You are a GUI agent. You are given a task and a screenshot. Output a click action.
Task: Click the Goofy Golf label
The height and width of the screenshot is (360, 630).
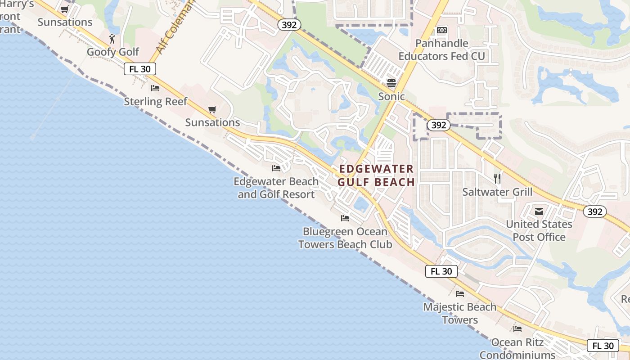(x=113, y=52)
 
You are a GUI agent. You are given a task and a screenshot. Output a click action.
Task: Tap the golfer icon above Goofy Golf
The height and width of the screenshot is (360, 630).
(x=112, y=39)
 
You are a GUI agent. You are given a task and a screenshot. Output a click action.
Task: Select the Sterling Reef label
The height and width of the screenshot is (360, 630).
(x=155, y=101)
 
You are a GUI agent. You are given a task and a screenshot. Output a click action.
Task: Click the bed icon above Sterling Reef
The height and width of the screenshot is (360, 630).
(x=155, y=88)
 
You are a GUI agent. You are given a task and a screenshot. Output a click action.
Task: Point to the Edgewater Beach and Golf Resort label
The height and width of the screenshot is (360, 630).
(x=276, y=188)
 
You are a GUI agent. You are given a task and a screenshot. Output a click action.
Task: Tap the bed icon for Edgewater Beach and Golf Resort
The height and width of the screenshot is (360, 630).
(x=276, y=168)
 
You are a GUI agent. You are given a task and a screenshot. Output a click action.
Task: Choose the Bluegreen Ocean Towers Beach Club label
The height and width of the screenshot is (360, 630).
(x=345, y=238)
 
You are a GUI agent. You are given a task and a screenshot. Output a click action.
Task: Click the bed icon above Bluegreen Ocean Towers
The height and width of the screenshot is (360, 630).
(x=345, y=218)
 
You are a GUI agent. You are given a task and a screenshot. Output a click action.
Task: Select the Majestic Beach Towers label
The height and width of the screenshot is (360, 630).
(x=460, y=313)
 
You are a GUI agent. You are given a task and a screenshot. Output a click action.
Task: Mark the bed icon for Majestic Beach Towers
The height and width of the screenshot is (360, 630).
(x=460, y=294)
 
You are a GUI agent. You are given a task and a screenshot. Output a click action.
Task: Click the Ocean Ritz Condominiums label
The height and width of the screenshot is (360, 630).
(x=517, y=348)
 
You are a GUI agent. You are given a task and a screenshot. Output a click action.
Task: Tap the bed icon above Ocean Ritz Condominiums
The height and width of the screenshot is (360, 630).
(x=517, y=329)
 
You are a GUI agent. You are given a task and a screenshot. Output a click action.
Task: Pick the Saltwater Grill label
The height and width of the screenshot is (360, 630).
(x=497, y=192)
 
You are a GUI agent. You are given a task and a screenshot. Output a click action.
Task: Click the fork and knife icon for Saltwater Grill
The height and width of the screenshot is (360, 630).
(x=497, y=179)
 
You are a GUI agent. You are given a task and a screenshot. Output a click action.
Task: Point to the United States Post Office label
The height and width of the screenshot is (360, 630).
(x=539, y=230)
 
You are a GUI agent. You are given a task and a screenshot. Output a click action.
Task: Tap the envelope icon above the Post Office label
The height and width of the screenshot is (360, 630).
(x=539, y=211)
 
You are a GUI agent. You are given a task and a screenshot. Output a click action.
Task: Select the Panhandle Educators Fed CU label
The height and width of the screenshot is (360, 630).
(x=441, y=49)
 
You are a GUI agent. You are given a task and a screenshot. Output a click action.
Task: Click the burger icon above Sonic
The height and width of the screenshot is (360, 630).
(x=391, y=83)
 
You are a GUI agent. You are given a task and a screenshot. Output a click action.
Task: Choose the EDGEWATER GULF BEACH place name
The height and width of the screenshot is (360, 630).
(x=376, y=175)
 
